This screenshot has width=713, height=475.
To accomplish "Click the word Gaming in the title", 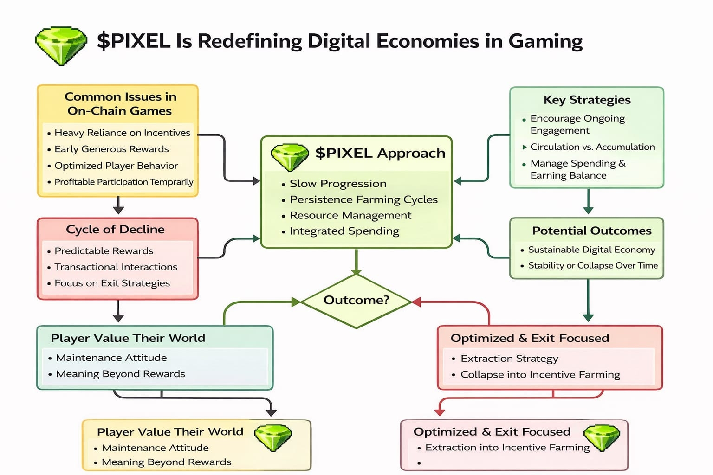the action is (545, 41).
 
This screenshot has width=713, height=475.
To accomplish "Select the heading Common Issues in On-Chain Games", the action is (120, 103).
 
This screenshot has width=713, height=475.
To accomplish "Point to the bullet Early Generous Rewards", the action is (111, 149).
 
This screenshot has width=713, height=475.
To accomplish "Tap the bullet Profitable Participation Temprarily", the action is (123, 182).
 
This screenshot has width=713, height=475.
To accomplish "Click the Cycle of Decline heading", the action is (115, 229).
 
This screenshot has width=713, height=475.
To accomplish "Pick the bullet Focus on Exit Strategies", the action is (112, 283).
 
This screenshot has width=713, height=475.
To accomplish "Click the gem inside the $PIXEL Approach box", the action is (290, 157).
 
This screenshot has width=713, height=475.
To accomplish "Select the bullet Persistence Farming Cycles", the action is (363, 199).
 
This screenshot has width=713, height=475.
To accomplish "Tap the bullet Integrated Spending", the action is (344, 231).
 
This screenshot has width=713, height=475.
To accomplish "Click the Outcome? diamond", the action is (356, 300).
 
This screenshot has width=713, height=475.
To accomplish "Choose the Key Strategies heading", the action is (587, 100).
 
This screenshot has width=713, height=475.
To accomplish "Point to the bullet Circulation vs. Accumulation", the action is (592, 147).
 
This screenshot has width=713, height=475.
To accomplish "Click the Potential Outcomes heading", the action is (591, 231).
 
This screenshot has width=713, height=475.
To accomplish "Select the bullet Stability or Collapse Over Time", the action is (592, 265).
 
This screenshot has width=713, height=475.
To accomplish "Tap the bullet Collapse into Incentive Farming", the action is (540, 374).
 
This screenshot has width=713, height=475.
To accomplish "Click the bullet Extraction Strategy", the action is (509, 359).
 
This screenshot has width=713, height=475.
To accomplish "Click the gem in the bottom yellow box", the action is (273, 437).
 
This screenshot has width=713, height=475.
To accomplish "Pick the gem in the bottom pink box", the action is (602, 437).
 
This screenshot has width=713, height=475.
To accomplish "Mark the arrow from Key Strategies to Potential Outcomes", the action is (588, 201).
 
